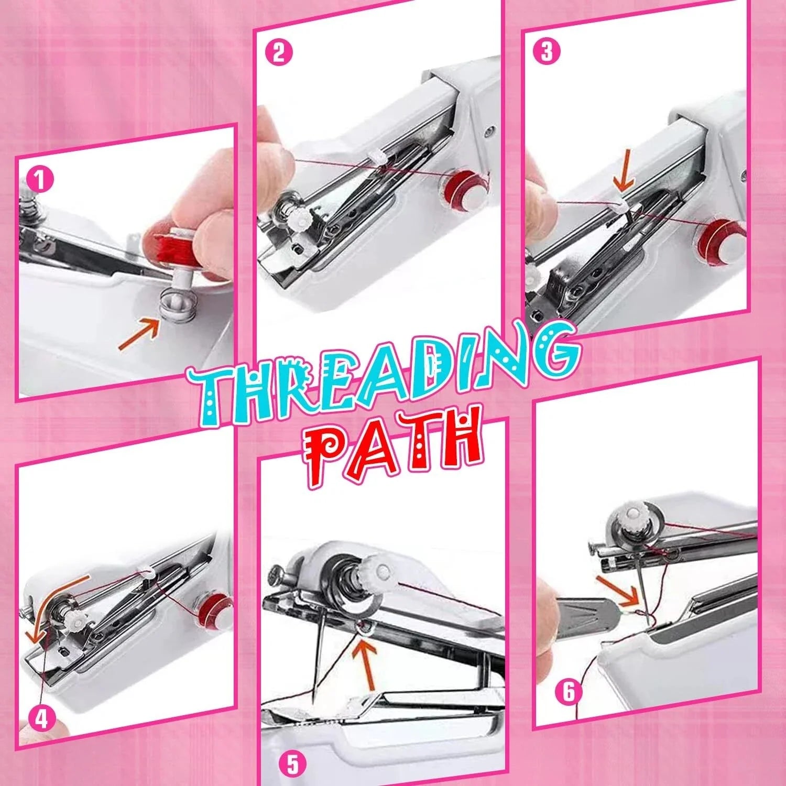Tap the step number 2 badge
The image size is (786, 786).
[278, 52]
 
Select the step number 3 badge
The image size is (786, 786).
[546, 51]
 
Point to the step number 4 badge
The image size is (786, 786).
[42, 718]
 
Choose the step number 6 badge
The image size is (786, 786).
[569, 692]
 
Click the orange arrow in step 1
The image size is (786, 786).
[139, 335]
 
